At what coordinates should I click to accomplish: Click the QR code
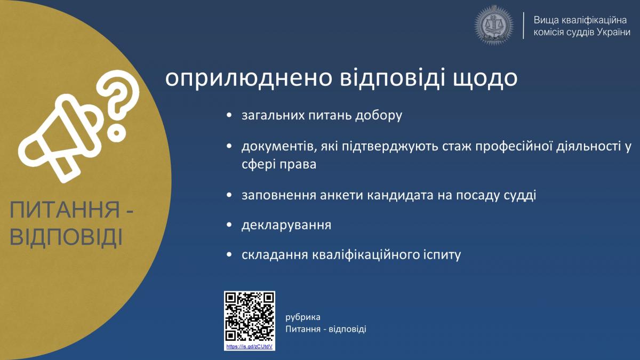pos(250,317)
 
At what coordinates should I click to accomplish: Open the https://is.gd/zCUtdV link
pos(250,347)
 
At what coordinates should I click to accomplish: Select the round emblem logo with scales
pos(494,26)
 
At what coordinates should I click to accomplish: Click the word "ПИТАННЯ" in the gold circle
pos(65,210)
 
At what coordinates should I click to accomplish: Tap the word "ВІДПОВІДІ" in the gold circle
pos(66,237)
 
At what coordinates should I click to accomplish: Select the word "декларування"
pos(286,225)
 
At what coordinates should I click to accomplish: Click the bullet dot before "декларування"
pos(229,225)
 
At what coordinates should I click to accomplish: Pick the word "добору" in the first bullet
pos(379,115)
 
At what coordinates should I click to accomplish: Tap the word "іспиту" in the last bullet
pos(442,254)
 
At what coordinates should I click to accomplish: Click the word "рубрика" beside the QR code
pos(303,317)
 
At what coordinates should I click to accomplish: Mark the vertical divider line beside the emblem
pos(523,26)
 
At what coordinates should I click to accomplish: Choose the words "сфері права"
pos(279,164)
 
